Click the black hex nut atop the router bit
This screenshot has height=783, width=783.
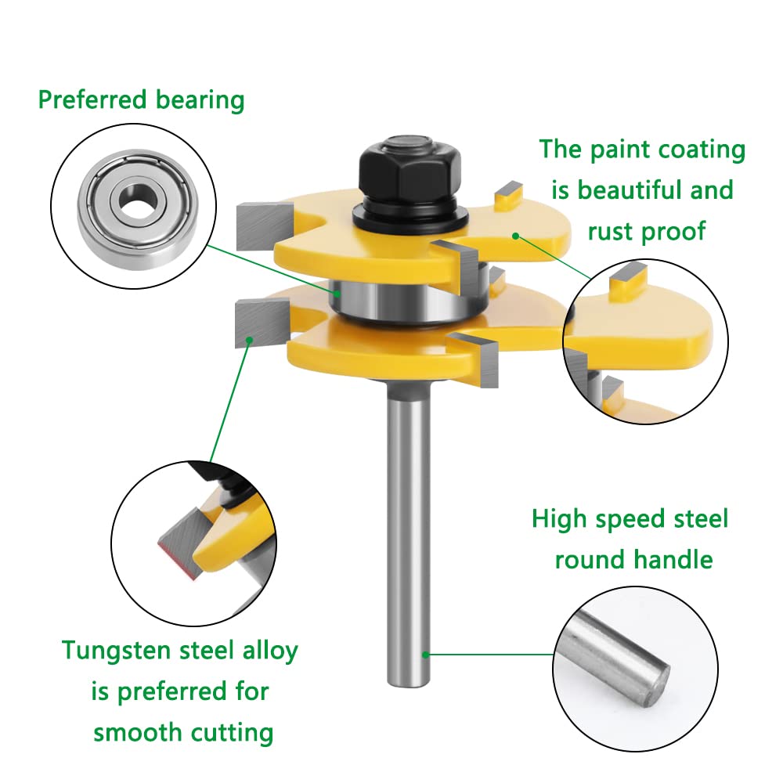tap(410, 168)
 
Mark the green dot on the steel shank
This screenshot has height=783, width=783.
tap(425, 654)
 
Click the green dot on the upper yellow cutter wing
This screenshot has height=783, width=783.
tap(515, 236)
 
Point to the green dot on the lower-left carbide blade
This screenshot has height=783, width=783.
tap(249, 340)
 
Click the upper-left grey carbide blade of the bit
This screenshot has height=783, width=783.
tap(263, 226)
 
